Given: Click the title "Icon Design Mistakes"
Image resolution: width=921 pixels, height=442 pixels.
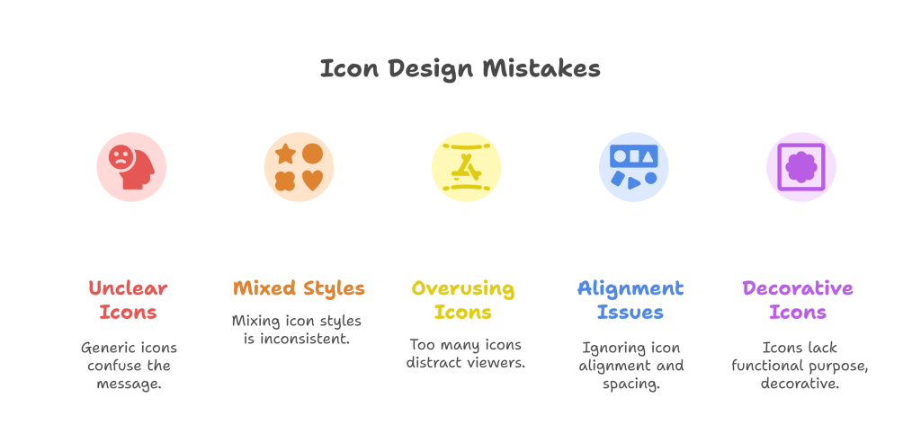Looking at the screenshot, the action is click(460, 69).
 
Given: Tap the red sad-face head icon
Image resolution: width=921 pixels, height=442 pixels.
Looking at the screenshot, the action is click(131, 167).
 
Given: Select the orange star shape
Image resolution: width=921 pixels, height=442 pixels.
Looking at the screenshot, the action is click(285, 154).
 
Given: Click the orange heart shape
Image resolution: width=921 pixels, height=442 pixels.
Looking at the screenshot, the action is click(312, 181).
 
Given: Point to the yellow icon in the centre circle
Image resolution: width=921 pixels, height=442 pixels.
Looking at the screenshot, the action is click(467, 167).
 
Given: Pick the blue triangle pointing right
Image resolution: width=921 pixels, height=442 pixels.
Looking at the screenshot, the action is click(634, 182).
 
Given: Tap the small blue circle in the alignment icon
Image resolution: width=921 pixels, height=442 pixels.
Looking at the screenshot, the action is click(651, 177).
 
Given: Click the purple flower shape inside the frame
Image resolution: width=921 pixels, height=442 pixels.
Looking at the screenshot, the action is click(801, 167).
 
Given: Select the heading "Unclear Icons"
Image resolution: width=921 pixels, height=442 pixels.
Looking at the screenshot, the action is click(128, 300).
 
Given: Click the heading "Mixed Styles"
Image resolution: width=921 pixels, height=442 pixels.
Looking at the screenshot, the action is click(299, 288).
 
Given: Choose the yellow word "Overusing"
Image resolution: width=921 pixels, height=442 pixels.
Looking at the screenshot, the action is click(463, 288).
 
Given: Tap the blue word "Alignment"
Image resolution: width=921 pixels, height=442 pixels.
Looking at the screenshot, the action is click(630, 288).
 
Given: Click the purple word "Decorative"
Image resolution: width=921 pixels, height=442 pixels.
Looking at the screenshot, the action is click(798, 288).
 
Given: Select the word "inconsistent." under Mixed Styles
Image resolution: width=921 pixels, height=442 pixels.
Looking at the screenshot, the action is click(305, 339).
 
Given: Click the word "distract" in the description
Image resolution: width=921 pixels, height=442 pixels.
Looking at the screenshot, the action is click(431, 363).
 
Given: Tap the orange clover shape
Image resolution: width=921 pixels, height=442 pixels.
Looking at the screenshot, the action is click(285, 181).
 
